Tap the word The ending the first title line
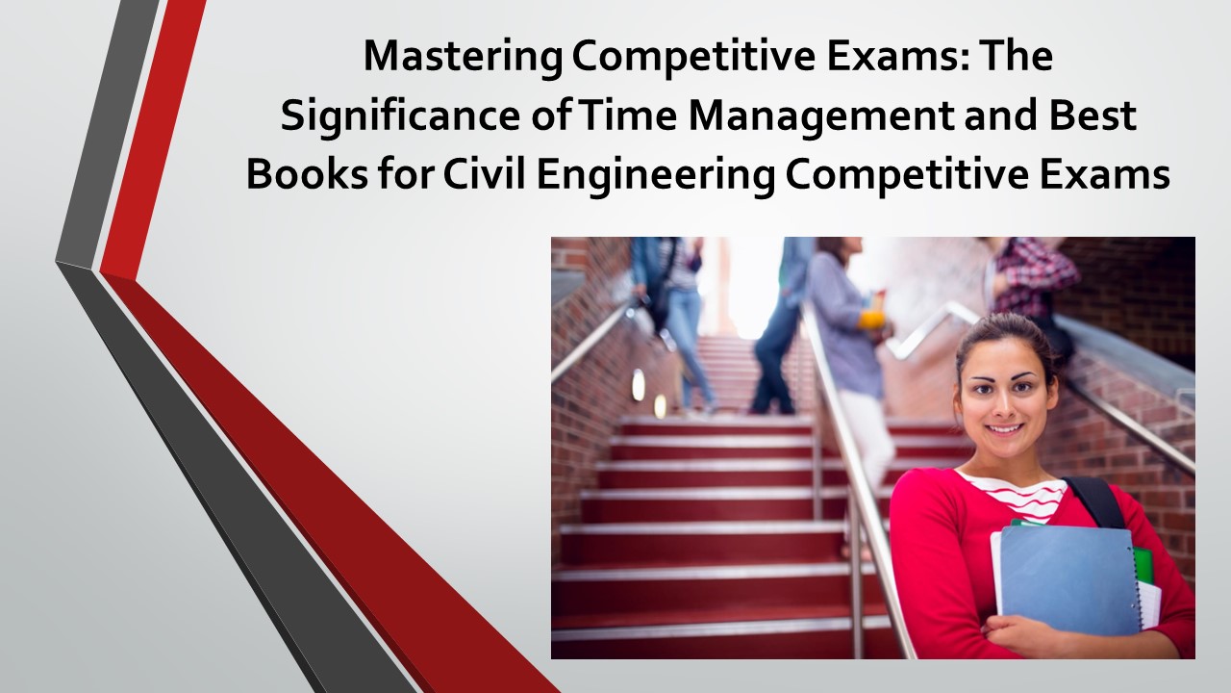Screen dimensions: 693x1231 pos(1020,58)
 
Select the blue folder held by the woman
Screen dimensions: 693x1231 pos(1067,577)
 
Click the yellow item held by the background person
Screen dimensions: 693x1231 pos(871,319)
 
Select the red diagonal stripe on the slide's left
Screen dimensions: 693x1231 pos(154,135)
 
